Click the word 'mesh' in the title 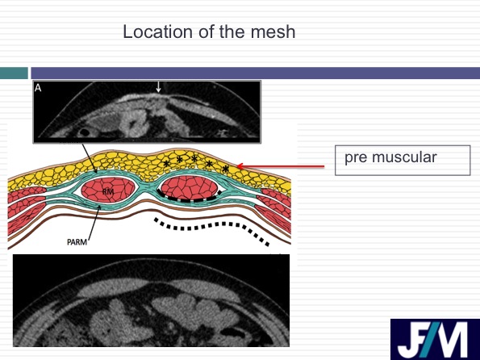[273, 31]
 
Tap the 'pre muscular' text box [403, 161]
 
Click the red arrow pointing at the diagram [281, 166]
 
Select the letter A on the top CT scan [38, 88]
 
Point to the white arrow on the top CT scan [158, 86]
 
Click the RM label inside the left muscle [108, 192]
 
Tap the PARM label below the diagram [77, 242]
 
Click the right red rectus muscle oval [190, 187]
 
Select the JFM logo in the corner [435, 339]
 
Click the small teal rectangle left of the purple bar [14, 73]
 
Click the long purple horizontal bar [255, 73]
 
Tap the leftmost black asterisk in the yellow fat [166, 163]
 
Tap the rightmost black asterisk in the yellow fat [226, 169]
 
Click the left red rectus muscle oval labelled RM [108, 190]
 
